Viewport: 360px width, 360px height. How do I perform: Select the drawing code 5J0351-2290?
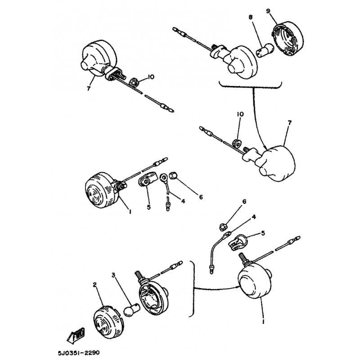[x=79, y=352]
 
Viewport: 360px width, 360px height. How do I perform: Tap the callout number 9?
[x=268, y=11]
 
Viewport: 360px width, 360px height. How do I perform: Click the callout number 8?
[x=250, y=17]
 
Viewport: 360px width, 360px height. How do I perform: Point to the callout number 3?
[x=113, y=275]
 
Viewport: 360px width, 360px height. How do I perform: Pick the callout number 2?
[x=95, y=285]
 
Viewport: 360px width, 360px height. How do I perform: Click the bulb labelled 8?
[x=265, y=50]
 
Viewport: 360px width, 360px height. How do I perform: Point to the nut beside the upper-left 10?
[x=134, y=82]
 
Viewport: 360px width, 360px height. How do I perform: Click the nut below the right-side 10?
[x=237, y=144]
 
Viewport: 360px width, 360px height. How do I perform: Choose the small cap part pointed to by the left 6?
[x=173, y=175]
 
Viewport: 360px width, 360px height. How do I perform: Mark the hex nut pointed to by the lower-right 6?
[x=222, y=226]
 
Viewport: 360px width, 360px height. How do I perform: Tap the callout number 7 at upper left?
[x=89, y=88]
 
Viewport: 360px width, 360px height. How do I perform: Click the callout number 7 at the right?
[x=289, y=123]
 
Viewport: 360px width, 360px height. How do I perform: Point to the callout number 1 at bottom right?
[x=263, y=321]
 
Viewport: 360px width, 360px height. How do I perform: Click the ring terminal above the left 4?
[x=164, y=177]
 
